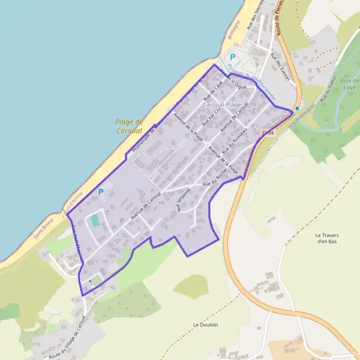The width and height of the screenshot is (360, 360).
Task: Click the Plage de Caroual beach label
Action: [x=129, y=125]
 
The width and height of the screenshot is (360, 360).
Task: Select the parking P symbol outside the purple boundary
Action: [x=232, y=57]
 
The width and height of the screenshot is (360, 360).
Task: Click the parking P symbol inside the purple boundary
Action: [x=100, y=192]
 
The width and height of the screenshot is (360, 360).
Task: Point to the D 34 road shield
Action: [x=268, y=133]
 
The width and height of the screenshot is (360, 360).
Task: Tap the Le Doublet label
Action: [x=205, y=325]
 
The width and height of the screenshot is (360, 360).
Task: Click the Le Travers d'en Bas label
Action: [x=327, y=238]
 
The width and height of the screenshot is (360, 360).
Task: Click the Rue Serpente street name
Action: [x=179, y=201]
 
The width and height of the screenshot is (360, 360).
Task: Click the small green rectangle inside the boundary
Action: [x=95, y=220]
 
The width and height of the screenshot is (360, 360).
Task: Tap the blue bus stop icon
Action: [x=297, y=109]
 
